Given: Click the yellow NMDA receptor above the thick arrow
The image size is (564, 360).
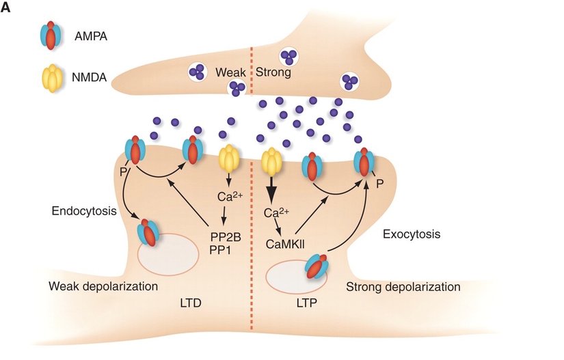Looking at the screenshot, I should coord(273,161).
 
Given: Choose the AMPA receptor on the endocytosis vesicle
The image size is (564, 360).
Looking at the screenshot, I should coord(148,232).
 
